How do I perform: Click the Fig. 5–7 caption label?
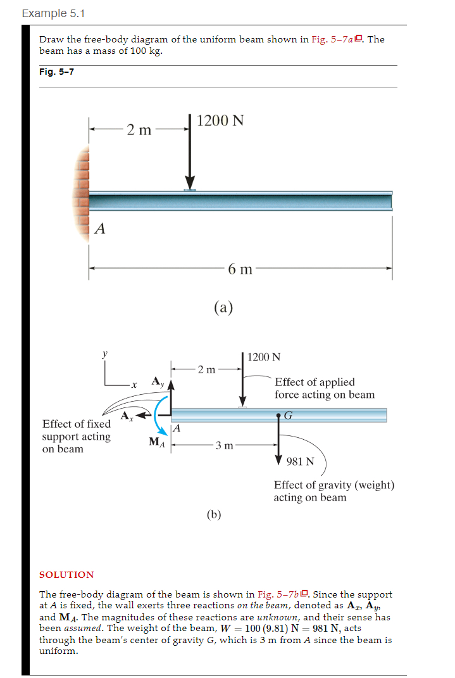point(56,72)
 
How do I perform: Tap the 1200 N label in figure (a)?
point(220,121)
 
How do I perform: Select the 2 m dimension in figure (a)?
point(139,130)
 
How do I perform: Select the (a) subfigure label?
point(223,307)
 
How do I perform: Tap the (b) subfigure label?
point(214,514)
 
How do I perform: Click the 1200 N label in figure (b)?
point(265,357)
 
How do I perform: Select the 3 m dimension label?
point(221,445)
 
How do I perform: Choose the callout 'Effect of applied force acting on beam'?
point(324,388)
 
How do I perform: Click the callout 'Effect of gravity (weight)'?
point(333,491)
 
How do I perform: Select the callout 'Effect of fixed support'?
point(76,436)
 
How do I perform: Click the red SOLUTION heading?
point(66,574)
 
